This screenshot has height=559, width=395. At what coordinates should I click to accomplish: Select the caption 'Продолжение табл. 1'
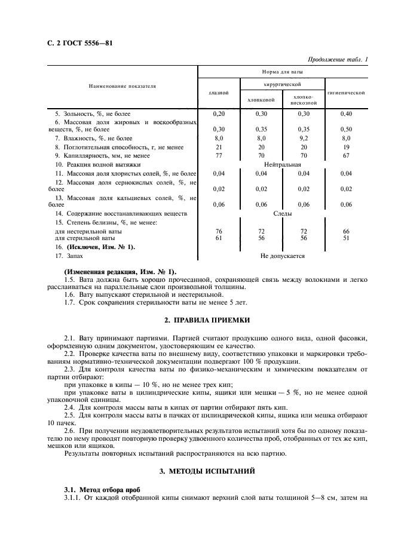click(337, 59)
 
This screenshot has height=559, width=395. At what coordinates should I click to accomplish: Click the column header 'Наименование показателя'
click(123, 86)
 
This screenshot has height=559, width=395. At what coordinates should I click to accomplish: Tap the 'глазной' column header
click(219, 93)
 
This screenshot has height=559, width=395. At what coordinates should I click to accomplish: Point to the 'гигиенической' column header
click(347, 93)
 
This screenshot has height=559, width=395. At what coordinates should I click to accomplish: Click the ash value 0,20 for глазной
click(219, 113)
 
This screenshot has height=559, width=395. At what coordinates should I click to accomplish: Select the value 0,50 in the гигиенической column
click(347, 129)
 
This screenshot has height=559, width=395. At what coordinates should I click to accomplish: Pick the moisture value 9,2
click(304, 138)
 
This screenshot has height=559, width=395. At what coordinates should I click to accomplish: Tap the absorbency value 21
click(219, 146)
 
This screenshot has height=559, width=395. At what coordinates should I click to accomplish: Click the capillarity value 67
click(347, 155)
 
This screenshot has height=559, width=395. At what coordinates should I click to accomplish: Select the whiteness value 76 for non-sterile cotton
click(219, 231)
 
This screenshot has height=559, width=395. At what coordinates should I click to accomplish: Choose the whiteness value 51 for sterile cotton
click(347, 237)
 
